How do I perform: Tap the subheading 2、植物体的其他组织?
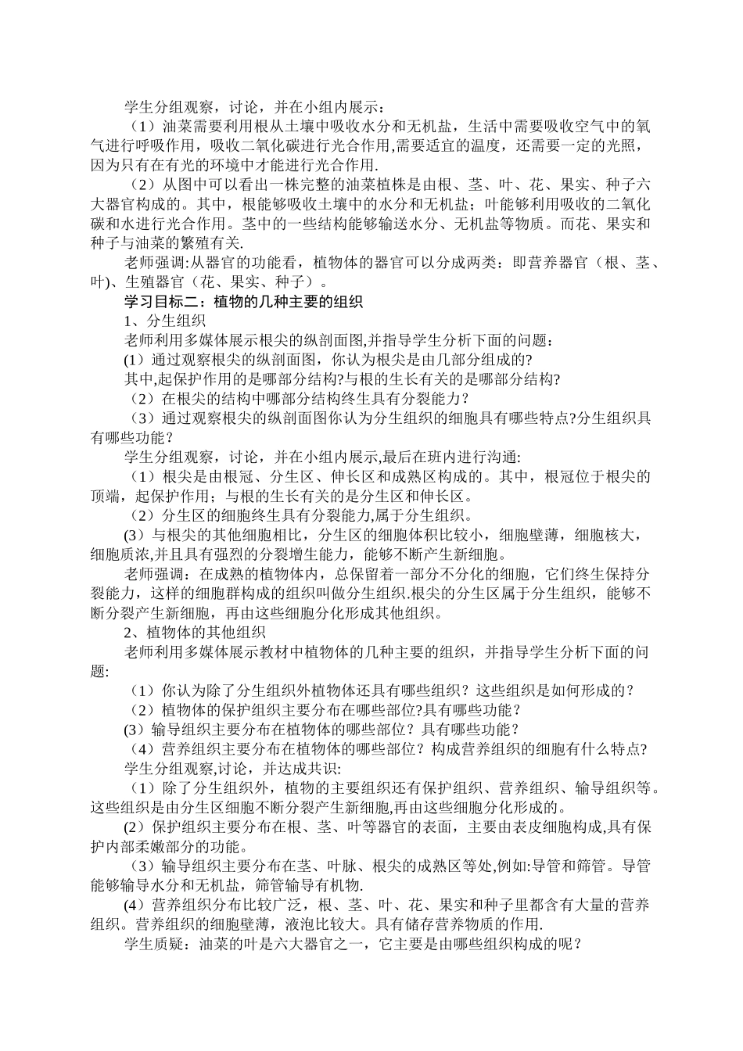(196, 632)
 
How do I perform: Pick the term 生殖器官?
(153, 282)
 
